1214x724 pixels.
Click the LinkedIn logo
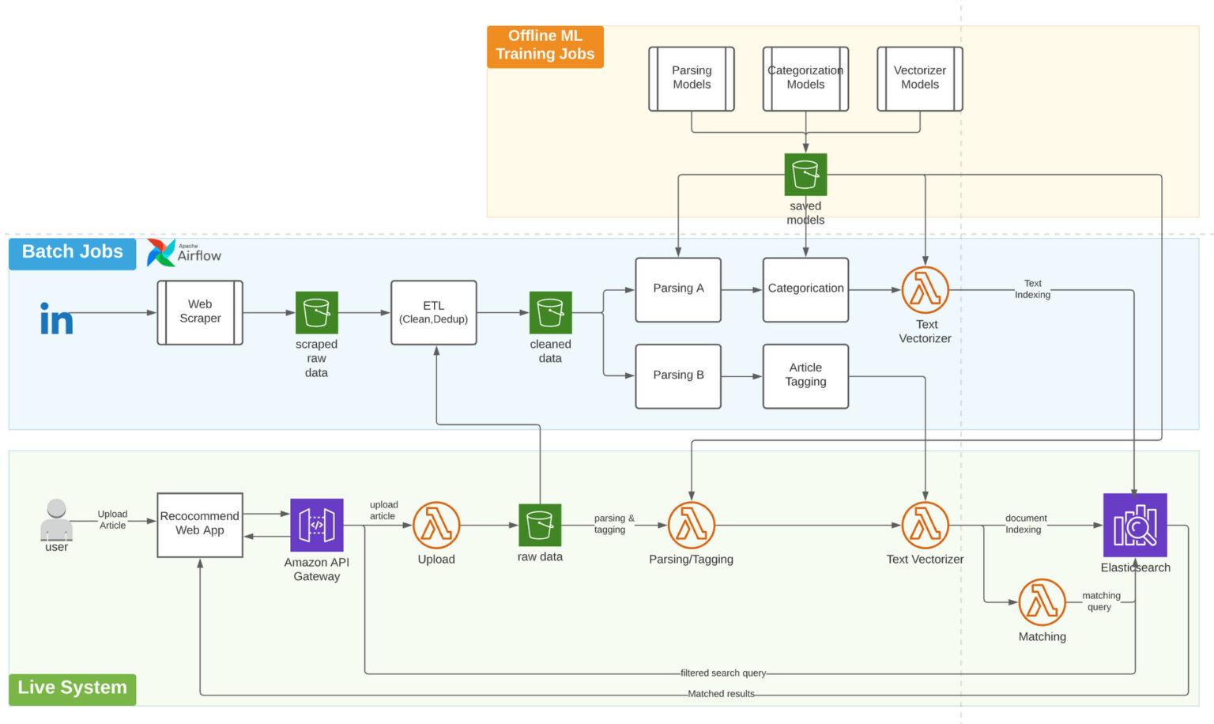click(x=56, y=319)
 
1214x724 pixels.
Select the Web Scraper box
click(x=200, y=312)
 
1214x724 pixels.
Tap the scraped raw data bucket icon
click(x=316, y=312)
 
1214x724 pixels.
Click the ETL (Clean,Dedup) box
click(x=433, y=312)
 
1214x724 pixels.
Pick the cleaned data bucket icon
click(x=550, y=312)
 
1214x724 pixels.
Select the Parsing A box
click(x=678, y=289)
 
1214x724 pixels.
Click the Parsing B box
click(x=678, y=375)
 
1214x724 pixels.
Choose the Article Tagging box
click(x=805, y=375)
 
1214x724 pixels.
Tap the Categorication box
click(x=805, y=289)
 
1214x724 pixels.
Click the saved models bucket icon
click(x=805, y=175)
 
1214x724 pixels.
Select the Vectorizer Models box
click(x=920, y=78)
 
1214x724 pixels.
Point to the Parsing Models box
click(x=692, y=78)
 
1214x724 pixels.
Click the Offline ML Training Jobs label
click(x=545, y=46)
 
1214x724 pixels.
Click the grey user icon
click(x=56, y=518)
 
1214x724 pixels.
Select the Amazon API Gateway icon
click(x=316, y=525)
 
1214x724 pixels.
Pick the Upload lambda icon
click(x=436, y=525)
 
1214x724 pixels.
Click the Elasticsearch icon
click(x=1135, y=525)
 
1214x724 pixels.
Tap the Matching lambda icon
click(x=1042, y=602)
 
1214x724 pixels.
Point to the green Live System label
click(x=72, y=688)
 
